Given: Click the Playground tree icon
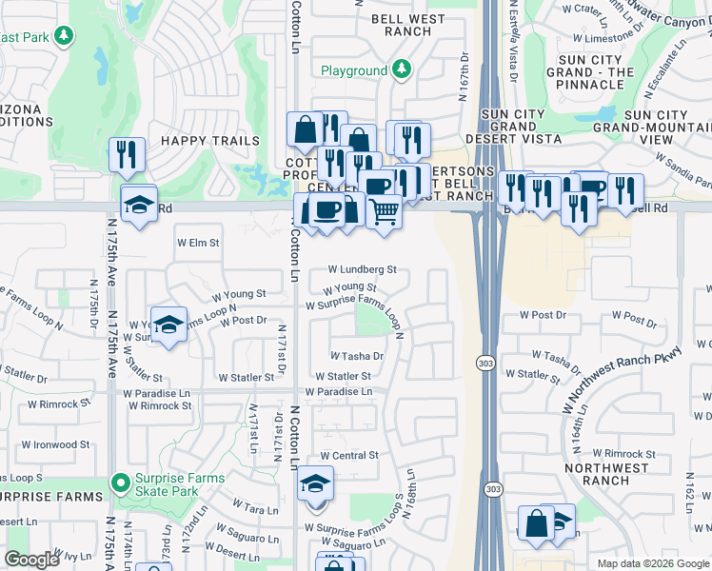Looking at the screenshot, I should click(x=402, y=69).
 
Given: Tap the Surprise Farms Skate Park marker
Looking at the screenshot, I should click(x=120, y=483).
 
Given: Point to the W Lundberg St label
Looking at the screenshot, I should click(x=362, y=270).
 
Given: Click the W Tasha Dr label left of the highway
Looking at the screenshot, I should click(x=357, y=356).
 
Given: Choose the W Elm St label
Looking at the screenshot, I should click(x=198, y=243).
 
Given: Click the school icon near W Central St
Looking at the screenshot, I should click(x=316, y=484).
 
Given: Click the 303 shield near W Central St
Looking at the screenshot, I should click(x=490, y=488).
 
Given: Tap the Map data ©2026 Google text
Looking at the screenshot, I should click(x=652, y=563).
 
